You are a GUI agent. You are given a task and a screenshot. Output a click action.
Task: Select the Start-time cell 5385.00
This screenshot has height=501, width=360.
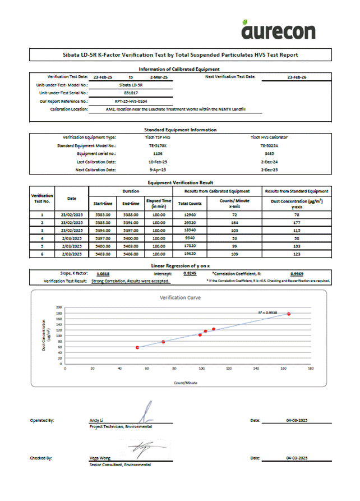pyautogui.click(x=103, y=214)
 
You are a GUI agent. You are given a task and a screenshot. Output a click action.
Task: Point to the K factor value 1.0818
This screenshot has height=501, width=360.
pyautogui.click(x=103, y=273)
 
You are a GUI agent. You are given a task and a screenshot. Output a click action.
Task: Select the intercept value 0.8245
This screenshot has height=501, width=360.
pyautogui.click(x=190, y=273)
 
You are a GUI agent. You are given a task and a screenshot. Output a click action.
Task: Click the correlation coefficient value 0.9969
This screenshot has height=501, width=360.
pyautogui.click(x=297, y=273)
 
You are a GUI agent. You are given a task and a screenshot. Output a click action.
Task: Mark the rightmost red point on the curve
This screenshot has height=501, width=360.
pyautogui.click(x=289, y=314)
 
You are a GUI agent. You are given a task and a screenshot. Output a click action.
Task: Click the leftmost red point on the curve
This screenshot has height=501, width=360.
pyautogui.click(x=137, y=348)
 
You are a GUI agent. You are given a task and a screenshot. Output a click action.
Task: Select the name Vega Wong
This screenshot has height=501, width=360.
pyautogui.click(x=100, y=458)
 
